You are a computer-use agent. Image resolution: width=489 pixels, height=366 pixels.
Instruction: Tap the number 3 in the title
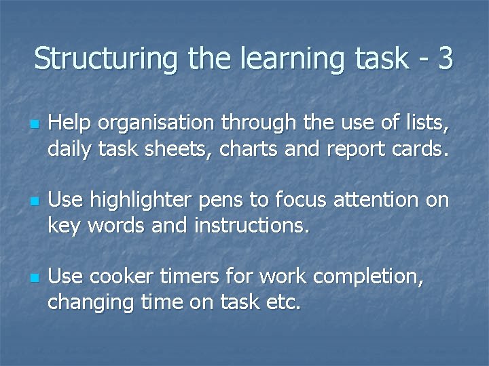point(446,58)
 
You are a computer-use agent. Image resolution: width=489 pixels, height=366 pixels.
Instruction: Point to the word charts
point(252,148)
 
